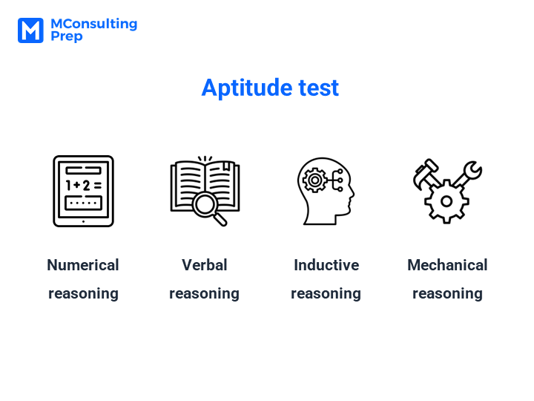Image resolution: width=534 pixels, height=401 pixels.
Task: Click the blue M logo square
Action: [x=30, y=30]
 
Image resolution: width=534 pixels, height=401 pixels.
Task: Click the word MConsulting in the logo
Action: [x=94, y=25]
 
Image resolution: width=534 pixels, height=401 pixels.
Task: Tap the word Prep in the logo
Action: [x=67, y=36]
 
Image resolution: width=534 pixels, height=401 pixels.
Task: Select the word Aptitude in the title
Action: [x=247, y=88]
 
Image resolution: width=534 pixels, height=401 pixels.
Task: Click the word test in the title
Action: [x=319, y=88]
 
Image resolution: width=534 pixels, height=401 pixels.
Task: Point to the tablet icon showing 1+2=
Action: [x=83, y=191]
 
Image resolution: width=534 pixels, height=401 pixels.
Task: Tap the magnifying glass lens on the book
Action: [x=205, y=205]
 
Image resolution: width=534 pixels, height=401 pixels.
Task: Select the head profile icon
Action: [x=326, y=191]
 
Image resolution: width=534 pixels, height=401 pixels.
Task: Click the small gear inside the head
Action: [x=314, y=180]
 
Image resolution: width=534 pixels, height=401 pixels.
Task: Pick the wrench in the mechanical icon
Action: [x=467, y=175]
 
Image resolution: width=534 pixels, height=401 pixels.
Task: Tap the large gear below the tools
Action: [x=446, y=201]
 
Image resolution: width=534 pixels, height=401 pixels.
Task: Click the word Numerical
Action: [x=83, y=265]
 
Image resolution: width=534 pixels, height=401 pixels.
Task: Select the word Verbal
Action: [x=205, y=265]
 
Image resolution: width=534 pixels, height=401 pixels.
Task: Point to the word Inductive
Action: [x=326, y=265]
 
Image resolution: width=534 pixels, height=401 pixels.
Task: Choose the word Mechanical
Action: [x=447, y=265]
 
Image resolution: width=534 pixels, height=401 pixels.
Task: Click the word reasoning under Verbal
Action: [x=205, y=294]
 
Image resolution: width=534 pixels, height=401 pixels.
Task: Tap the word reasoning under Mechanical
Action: [x=447, y=294]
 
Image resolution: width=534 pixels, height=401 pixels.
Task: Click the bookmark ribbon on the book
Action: [x=225, y=166]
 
